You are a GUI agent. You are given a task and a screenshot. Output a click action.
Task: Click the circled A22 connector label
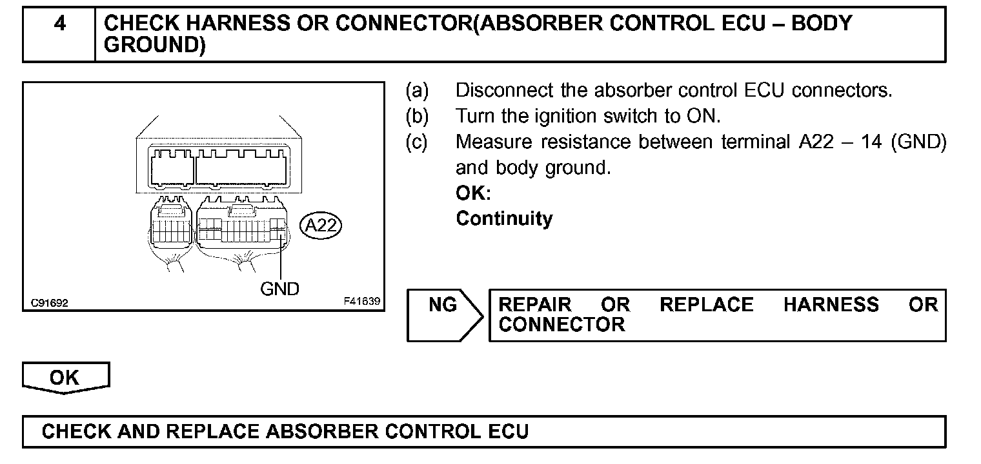coord(321,226)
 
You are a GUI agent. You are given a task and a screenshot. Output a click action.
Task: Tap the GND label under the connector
coord(279,289)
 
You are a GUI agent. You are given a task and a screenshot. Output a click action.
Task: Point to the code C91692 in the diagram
coord(49,302)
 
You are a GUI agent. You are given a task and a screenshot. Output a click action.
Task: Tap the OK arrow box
coord(65,378)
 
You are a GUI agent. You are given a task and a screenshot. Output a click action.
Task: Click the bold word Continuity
coord(504,218)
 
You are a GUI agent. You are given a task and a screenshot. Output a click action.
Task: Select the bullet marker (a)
coord(417,90)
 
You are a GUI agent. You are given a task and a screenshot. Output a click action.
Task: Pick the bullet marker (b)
coord(417,116)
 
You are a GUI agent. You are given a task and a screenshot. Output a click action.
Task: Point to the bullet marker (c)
coord(417,142)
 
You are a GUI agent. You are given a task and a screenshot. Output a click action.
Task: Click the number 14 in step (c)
coord(871,142)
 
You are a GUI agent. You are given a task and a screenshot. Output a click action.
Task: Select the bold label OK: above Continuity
coord(473,193)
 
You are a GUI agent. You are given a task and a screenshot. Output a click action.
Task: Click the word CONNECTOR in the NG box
coord(561,324)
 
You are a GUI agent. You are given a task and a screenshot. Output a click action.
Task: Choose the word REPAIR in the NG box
coord(535,304)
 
